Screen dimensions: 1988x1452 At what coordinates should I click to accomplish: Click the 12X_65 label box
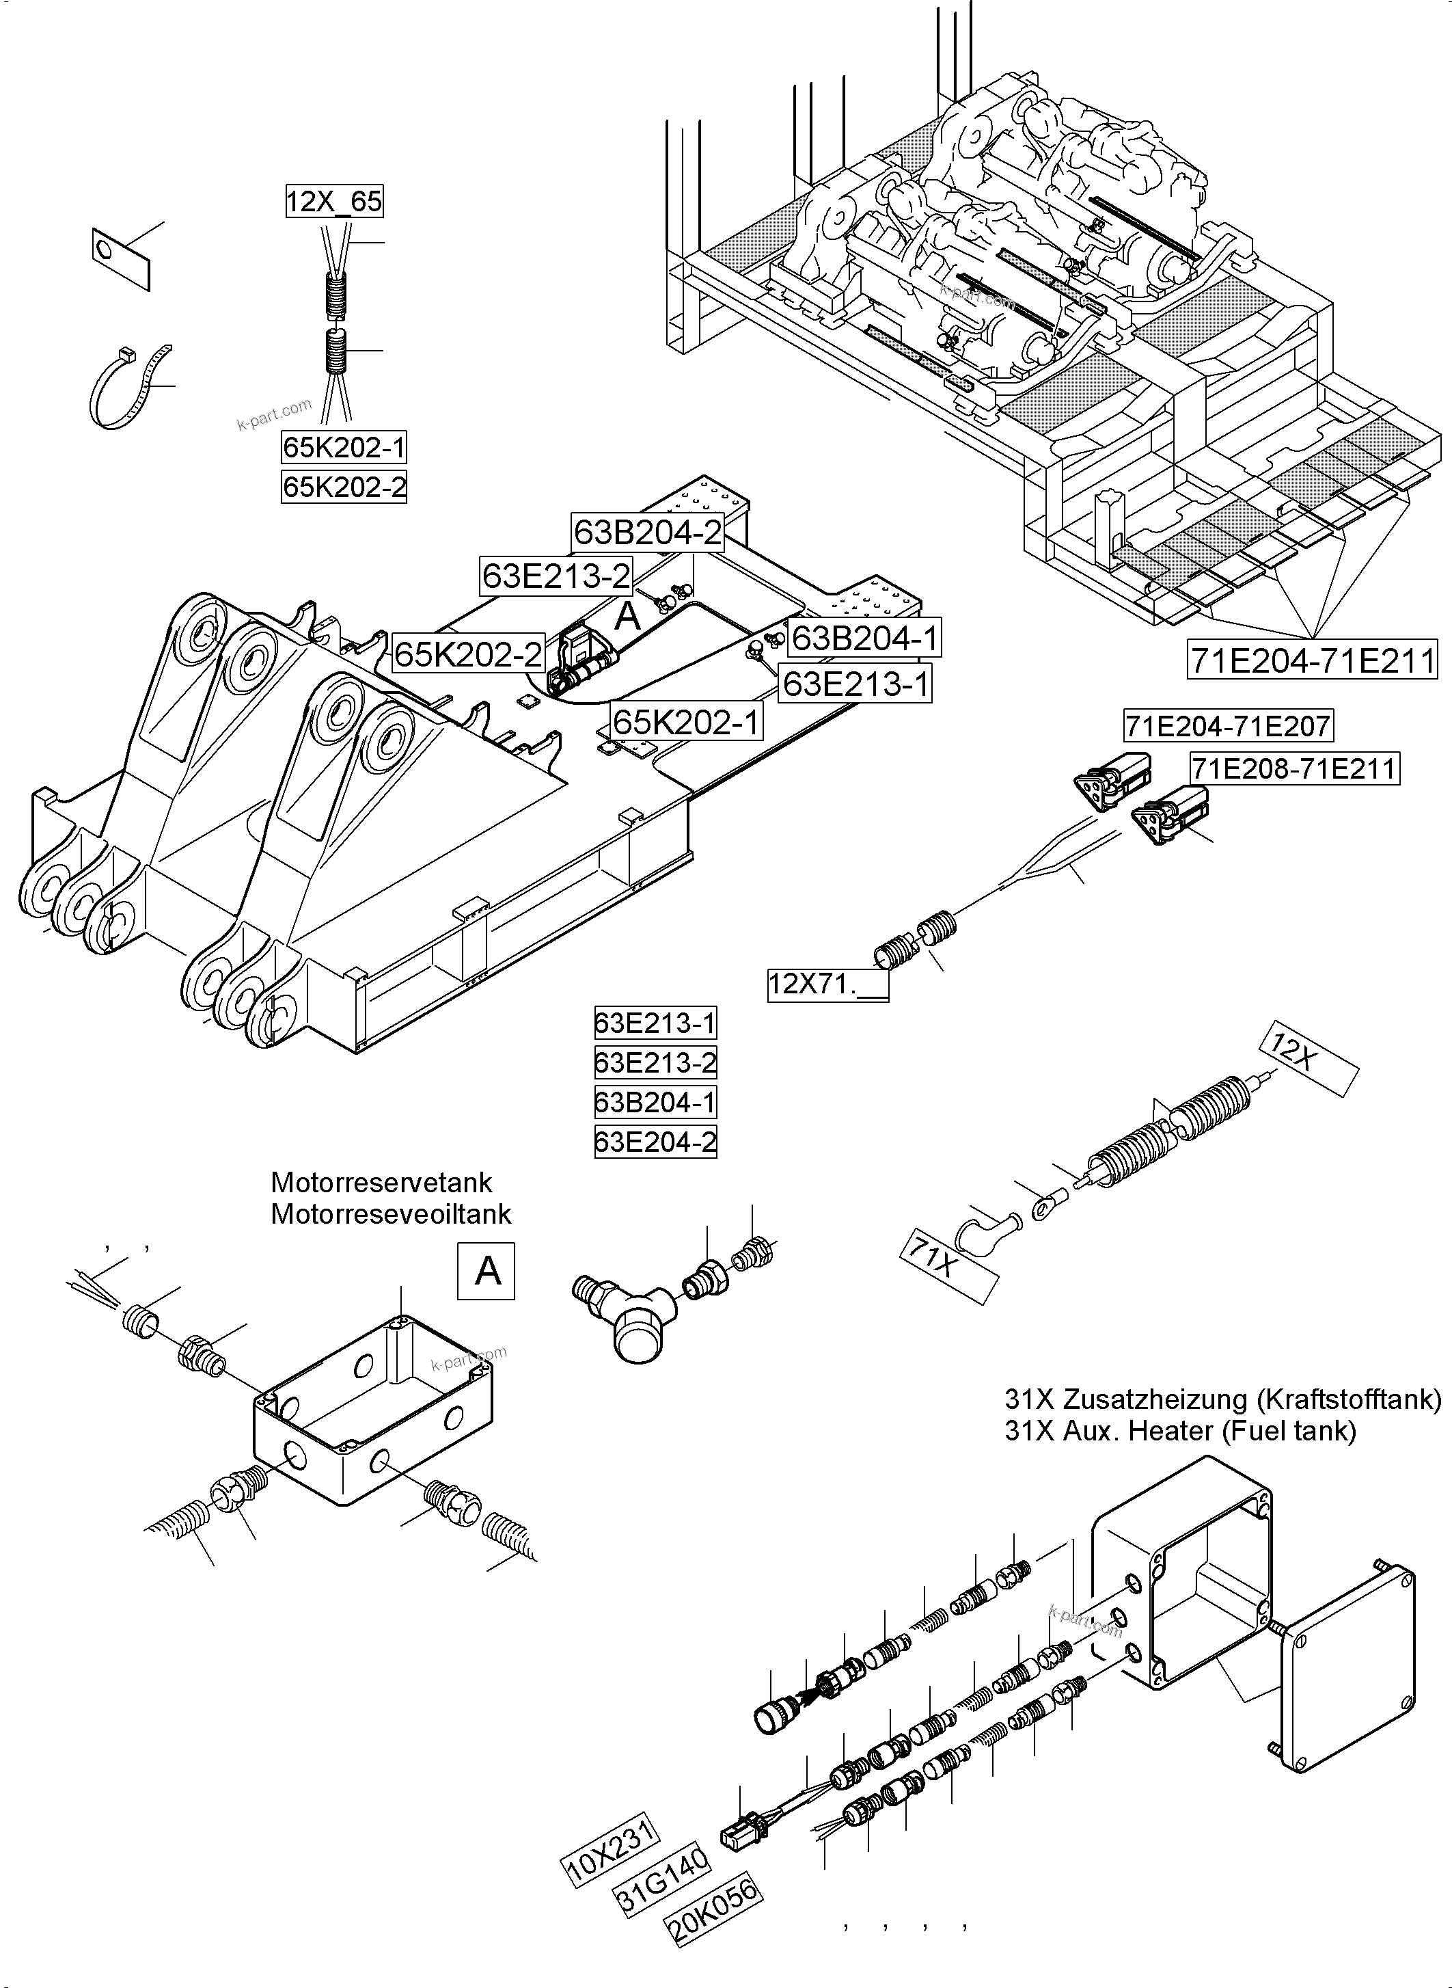pyautogui.click(x=334, y=202)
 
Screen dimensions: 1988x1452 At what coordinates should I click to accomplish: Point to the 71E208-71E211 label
pyautogui.click(x=1293, y=769)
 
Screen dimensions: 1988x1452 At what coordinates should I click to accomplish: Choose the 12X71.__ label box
pyautogui.click(x=827, y=984)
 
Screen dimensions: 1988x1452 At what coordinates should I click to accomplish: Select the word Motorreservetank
pyautogui.click(x=381, y=1183)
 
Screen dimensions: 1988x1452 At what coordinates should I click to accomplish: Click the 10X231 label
pyautogui.click(x=610, y=1853)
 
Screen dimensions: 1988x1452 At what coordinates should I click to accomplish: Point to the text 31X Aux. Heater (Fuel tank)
pyautogui.click(x=1179, y=1432)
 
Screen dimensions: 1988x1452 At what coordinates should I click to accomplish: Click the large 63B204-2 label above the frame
pyautogui.click(x=647, y=532)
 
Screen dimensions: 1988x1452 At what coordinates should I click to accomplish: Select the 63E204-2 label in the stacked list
pyautogui.click(x=656, y=1143)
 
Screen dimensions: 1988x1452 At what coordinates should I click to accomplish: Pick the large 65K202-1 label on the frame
pyautogui.click(x=687, y=722)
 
